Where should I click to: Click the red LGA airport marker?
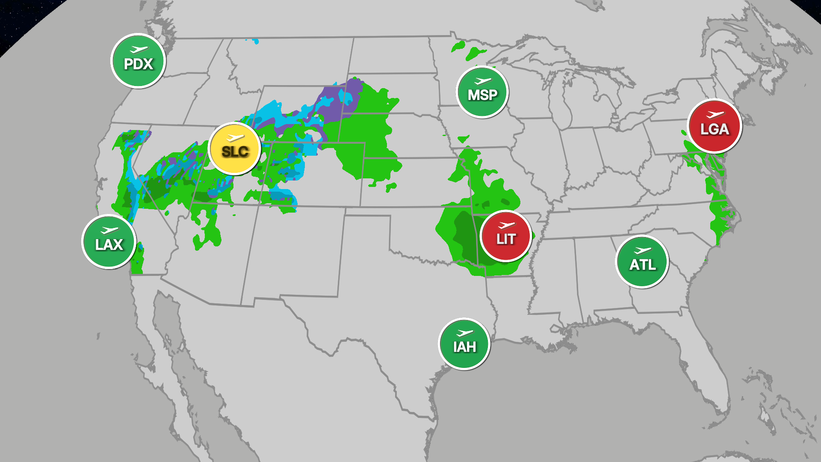click(x=715, y=126)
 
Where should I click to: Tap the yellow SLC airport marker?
click(x=235, y=149)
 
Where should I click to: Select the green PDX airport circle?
click(x=138, y=61)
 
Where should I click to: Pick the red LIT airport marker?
click(x=506, y=236)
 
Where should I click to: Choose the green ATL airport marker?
click(x=642, y=262)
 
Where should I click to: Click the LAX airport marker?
click(x=109, y=242)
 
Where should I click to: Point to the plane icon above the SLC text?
click(x=235, y=138)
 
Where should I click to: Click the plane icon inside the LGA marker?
click(x=715, y=115)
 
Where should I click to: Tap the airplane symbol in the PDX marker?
click(x=139, y=50)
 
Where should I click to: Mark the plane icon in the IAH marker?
click(x=465, y=333)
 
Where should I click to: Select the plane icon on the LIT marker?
click(x=507, y=225)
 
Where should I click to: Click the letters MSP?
click(x=483, y=95)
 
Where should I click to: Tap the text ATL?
click(x=642, y=265)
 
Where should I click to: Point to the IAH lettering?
click(x=465, y=347)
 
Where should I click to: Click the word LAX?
click(x=109, y=245)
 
